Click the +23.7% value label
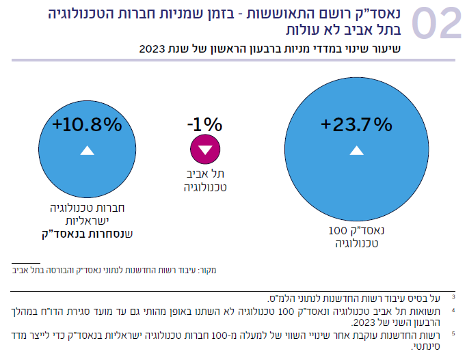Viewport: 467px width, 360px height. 356,124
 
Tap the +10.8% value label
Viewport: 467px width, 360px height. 87,124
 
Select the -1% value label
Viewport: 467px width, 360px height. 204,125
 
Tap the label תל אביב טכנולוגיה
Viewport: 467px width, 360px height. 205,179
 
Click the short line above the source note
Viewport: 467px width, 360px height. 26,262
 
